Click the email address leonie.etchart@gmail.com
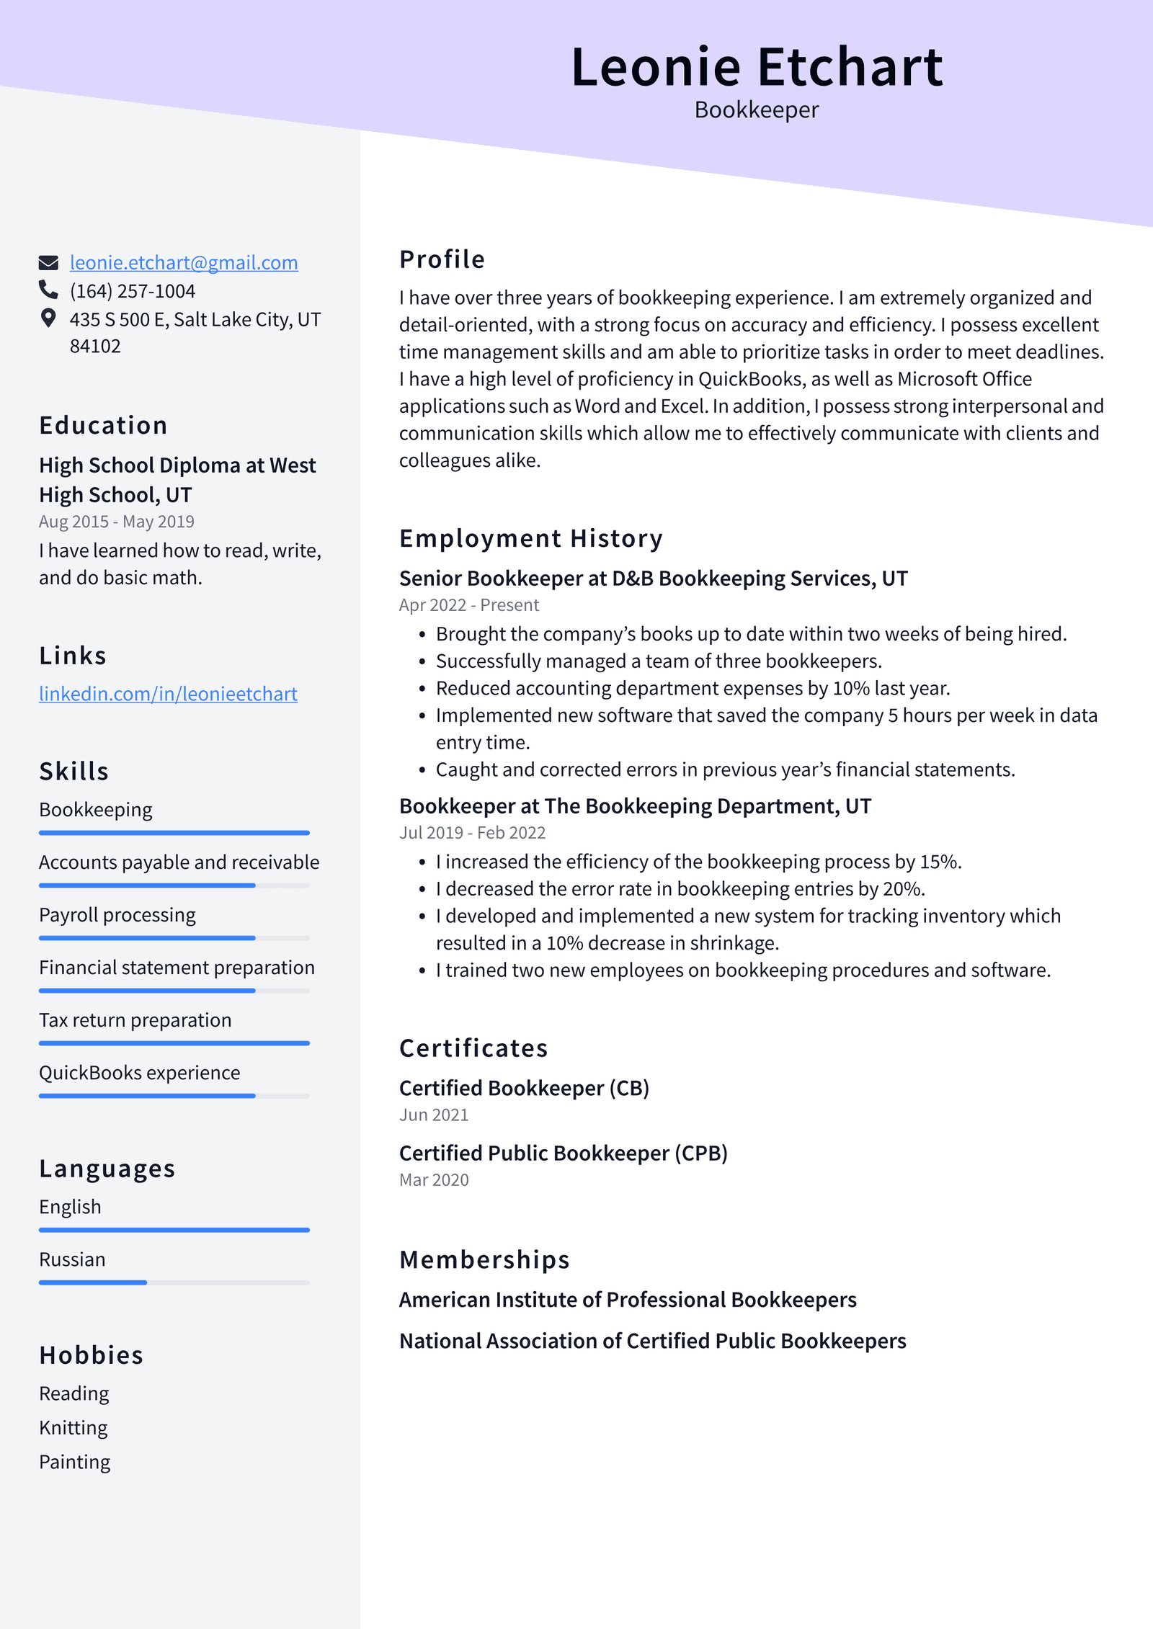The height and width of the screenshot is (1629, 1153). (184, 263)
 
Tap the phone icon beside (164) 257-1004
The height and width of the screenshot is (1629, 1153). (48, 290)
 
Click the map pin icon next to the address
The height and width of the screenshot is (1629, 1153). (48, 318)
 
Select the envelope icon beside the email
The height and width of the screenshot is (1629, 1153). (48, 262)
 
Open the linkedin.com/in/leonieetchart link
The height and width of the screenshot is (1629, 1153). (168, 694)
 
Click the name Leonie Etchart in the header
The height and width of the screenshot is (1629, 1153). (756, 67)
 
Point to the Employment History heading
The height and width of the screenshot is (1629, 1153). (530, 538)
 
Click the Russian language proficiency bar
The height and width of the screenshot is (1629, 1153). (174, 1282)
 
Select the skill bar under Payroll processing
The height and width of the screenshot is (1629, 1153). (174, 938)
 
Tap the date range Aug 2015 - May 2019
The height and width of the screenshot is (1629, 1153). (117, 522)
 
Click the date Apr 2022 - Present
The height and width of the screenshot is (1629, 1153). (468, 605)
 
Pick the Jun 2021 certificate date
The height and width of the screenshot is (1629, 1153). (434, 1115)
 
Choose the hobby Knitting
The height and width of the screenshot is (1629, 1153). (74, 1428)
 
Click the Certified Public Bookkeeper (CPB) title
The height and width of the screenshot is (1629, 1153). (563, 1153)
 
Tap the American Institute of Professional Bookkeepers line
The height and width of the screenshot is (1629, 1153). (628, 1300)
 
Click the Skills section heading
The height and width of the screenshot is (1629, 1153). (74, 771)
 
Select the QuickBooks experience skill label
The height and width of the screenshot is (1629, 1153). (139, 1073)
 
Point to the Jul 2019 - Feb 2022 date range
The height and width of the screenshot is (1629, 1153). (472, 833)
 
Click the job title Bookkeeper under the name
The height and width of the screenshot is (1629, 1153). (756, 110)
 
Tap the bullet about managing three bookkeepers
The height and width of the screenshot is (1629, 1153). (659, 661)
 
